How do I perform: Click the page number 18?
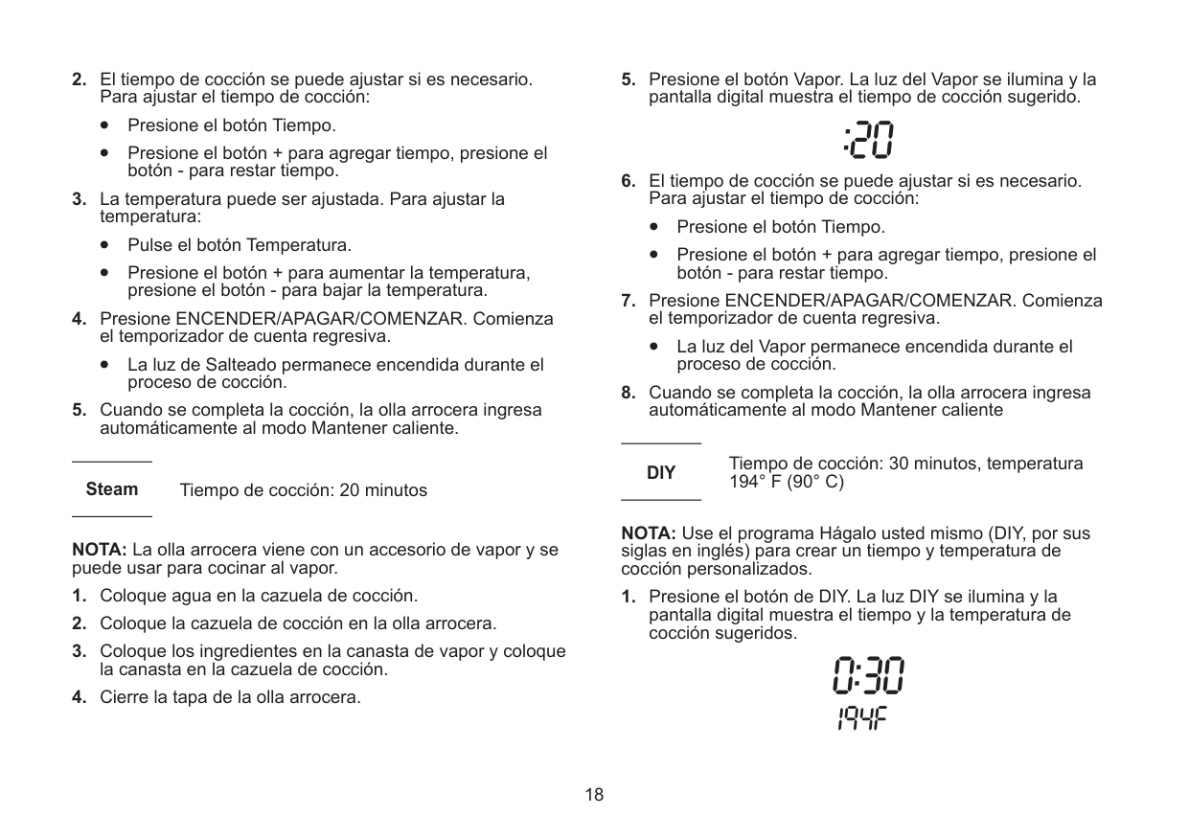[x=595, y=794]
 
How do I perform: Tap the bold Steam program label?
[x=112, y=489]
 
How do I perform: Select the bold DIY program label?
[x=660, y=473]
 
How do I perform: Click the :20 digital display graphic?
[x=869, y=140]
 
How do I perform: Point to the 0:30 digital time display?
[x=867, y=678]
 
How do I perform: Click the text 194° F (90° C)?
[x=787, y=482]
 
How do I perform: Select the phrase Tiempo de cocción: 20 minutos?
[x=304, y=490]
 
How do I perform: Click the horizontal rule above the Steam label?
[x=112, y=463]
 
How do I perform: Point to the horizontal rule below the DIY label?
[x=661, y=499]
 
